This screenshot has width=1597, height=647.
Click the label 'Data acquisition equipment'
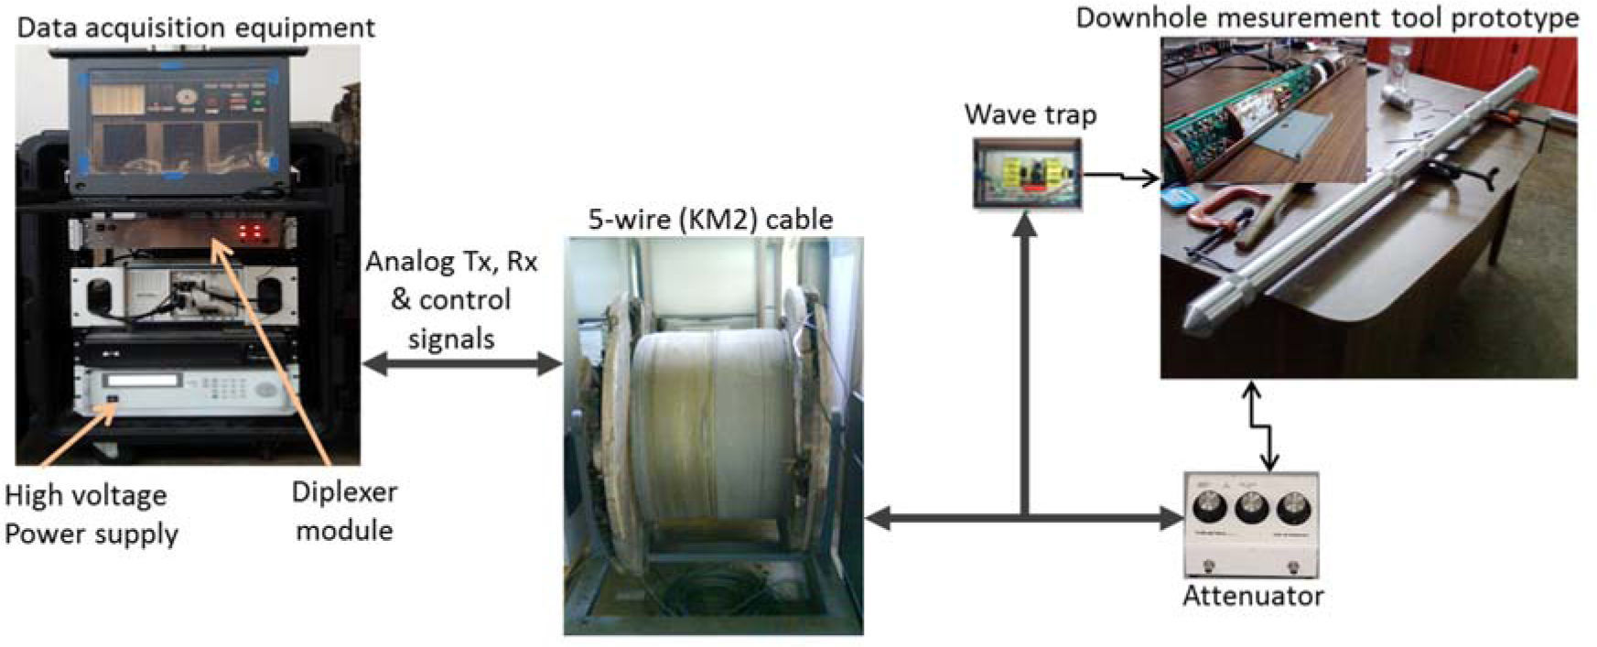196,27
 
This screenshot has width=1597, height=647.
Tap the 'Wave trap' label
1030,114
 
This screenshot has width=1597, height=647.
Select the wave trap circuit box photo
1027,174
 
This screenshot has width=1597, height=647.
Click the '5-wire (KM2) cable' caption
710,220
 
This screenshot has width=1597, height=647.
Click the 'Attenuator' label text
1253,596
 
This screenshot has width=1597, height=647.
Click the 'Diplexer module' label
344,511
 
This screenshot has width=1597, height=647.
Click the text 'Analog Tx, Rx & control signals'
451,300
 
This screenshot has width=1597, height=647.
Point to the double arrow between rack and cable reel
462,364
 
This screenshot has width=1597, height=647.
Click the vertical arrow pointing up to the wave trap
1025,366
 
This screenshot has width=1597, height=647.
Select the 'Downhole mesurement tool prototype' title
1326,18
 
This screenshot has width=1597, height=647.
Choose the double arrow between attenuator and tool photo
1261,426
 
